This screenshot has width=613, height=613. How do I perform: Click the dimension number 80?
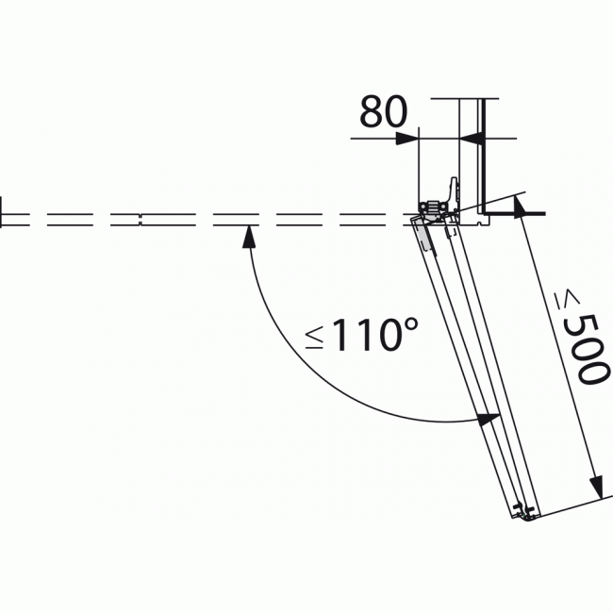(383, 112)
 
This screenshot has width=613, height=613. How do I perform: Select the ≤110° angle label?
(362, 334)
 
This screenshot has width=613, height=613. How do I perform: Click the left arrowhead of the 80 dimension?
(407, 139)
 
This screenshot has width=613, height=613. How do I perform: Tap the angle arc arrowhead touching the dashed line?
(249, 237)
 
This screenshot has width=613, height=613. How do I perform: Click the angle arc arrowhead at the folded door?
(489, 419)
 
